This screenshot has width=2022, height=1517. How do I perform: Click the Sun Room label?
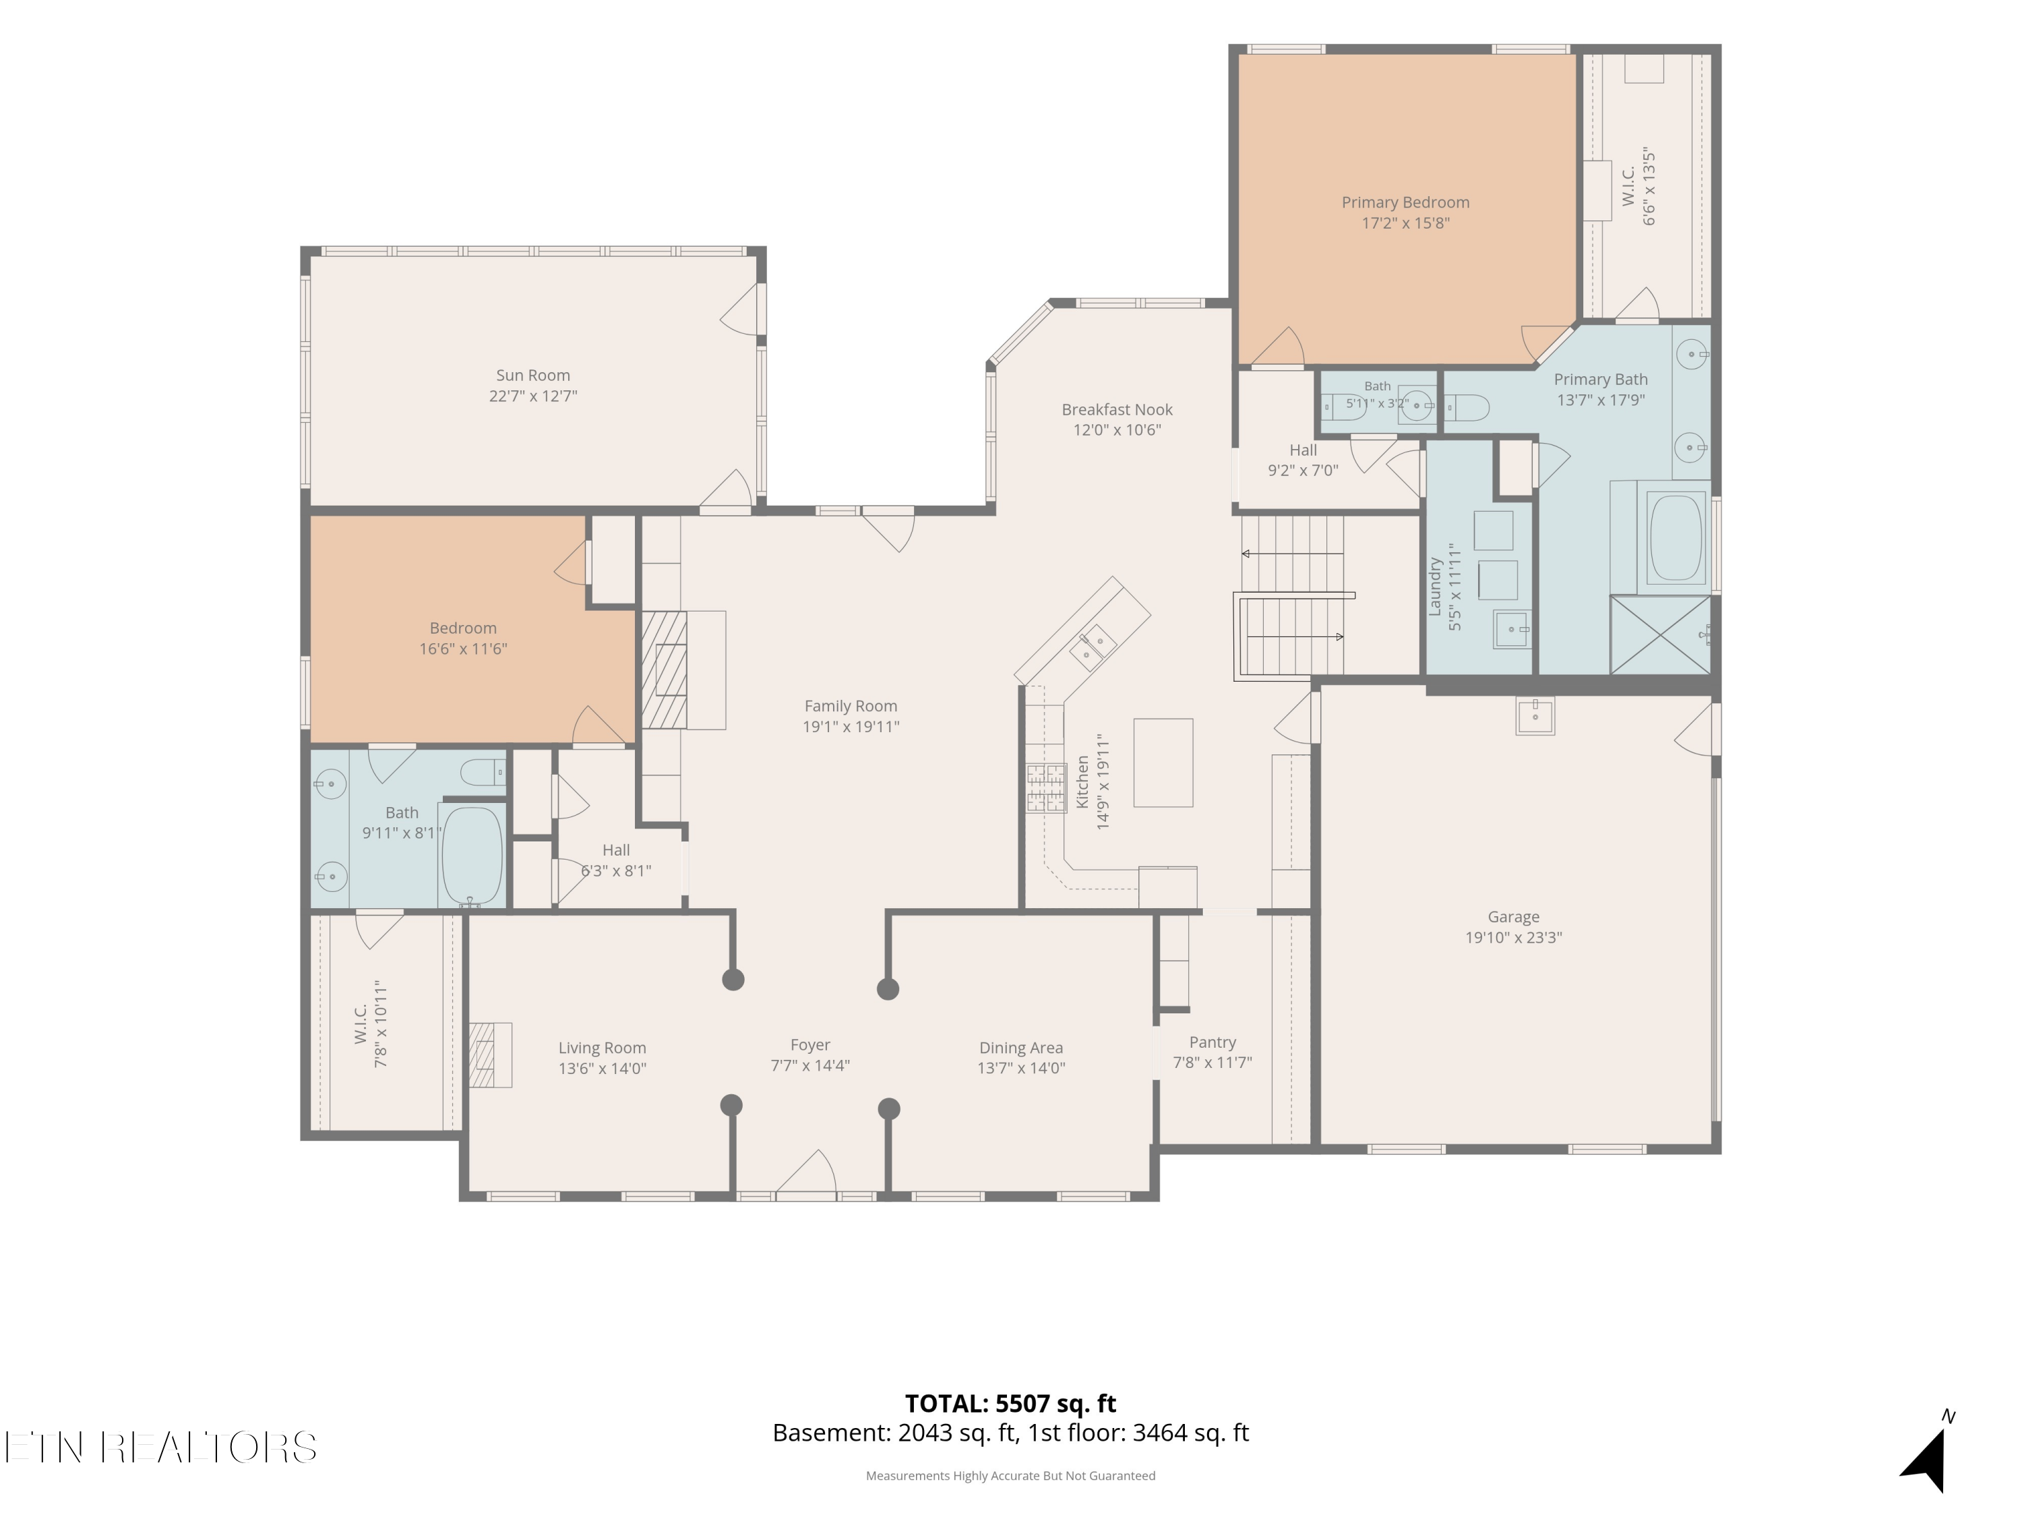click(x=533, y=375)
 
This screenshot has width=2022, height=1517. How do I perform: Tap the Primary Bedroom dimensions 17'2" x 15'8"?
click(x=1405, y=223)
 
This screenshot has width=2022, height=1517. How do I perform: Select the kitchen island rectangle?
click(x=1163, y=763)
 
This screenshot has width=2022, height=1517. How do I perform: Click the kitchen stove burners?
click(x=1046, y=788)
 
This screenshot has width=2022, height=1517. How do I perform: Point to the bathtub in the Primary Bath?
click(x=1675, y=537)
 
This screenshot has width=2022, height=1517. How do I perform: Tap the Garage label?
click(x=1514, y=916)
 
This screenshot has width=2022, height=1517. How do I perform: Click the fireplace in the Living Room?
click(x=491, y=1054)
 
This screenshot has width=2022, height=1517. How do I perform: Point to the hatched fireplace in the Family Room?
click(x=664, y=670)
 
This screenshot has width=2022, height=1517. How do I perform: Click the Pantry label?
click(x=1212, y=1042)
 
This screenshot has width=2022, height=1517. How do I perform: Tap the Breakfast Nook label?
click(x=1117, y=410)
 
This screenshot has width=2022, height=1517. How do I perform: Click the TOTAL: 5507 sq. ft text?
click(x=1010, y=1404)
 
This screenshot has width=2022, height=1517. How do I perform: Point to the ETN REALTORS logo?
click(x=161, y=1448)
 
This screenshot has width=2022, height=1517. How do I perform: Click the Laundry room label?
click(x=1435, y=587)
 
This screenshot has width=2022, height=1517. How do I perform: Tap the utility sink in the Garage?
click(x=1535, y=716)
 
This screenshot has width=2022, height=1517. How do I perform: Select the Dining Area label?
click(x=1021, y=1048)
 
